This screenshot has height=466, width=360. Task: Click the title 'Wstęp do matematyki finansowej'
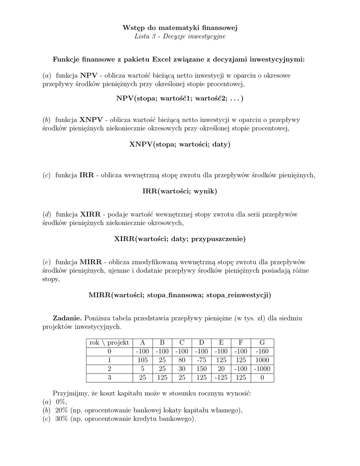tap(180, 28)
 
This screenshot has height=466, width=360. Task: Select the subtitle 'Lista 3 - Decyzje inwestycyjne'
tap(180, 36)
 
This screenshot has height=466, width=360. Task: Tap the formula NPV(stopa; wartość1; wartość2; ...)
tap(180, 98)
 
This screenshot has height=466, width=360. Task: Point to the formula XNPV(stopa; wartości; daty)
tap(180, 145)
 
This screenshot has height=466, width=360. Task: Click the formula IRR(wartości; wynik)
tap(180, 192)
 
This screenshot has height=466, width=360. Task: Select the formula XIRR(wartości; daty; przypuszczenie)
tap(180, 238)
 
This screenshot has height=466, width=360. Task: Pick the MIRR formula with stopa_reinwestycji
tap(180, 295)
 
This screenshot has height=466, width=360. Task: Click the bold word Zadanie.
tap(67, 317)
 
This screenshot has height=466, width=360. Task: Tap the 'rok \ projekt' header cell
tap(109, 343)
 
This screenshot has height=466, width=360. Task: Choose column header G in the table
tap(262, 343)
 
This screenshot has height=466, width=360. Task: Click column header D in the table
tap(202, 343)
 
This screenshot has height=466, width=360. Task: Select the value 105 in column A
tap(142, 360)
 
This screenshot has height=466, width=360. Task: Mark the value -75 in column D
tap(202, 360)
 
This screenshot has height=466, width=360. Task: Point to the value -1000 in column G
tap(262, 369)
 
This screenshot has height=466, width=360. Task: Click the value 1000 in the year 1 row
tap(262, 360)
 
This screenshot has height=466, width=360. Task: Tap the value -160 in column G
tap(262, 351)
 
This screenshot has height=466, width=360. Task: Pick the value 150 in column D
tap(202, 369)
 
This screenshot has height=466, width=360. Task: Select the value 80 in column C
tap(182, 360)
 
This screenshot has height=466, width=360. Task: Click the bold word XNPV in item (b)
tap(91, 120)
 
